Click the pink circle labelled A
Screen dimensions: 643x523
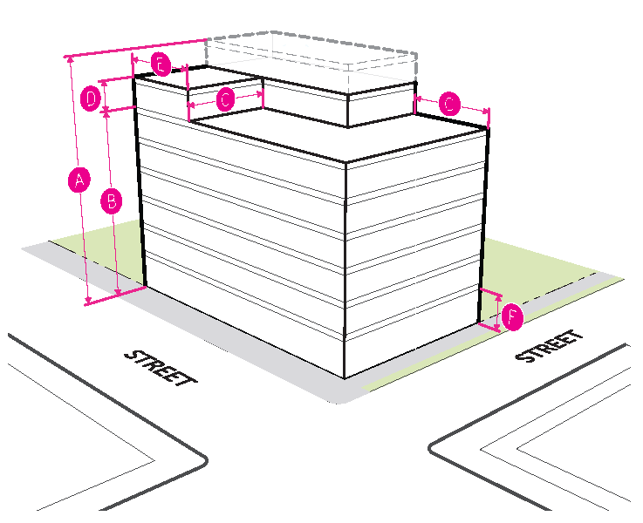(79, 180)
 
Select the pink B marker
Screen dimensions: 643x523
(111, 201)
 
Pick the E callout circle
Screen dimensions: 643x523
(159, 64)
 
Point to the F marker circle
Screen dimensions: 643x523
(511, 317)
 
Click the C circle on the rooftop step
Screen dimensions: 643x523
(225, 99)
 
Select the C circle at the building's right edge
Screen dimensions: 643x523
(448, 105)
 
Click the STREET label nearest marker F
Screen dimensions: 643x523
(549, 346)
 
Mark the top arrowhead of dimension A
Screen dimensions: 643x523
(68, 58)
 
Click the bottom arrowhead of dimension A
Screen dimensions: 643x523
(88, 302)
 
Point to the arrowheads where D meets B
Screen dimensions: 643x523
(106, 110)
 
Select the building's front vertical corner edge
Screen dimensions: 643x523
(346, 270)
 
